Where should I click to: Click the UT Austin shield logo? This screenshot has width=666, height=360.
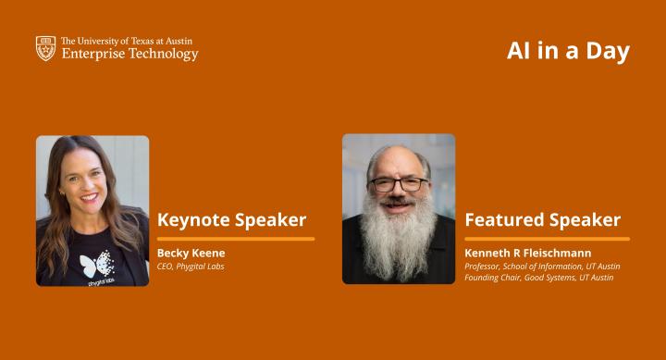[x=45, y=48]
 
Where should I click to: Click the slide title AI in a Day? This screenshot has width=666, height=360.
[x=567, y=51]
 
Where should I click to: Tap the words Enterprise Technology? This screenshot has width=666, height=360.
[x=129, y=55]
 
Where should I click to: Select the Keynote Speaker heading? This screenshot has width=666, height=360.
[x=231, y=220]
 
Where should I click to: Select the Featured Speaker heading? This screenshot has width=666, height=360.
[x=542, y=220]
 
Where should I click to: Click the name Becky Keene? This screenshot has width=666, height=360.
[x=191, y=253]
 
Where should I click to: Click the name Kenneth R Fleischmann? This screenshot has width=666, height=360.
[x=527, y=253]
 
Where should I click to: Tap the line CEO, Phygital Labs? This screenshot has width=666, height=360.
[x=191, y=267]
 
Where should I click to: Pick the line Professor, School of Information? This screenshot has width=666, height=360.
[x=542, y=267]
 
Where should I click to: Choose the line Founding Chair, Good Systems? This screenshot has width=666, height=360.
[x=538, y=278]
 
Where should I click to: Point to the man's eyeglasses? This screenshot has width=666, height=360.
[x=399, y=184]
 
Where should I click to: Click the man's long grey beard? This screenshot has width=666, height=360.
[x=398, y=236]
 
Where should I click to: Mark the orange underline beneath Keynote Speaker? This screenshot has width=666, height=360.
[x=236, y=239]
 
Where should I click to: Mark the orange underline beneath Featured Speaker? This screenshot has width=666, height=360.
[x=547, y=239]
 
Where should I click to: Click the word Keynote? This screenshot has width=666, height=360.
[x=191, y=220]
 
